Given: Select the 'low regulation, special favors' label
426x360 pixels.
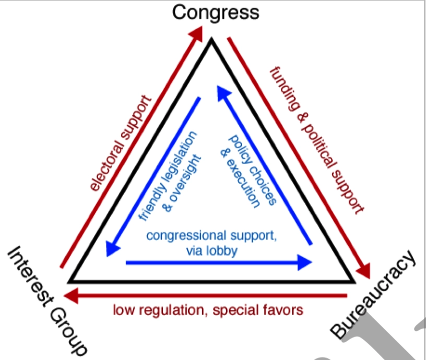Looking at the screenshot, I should [x=208, y=310].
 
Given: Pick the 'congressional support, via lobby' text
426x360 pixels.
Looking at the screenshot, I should [x=211, y=243].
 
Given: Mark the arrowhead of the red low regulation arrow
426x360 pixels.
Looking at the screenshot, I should [x=75, y=295].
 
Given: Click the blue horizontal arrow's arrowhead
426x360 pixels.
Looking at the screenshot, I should [x=305, y=262].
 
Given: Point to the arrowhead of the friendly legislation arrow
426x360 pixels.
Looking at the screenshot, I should [x=110, y=249].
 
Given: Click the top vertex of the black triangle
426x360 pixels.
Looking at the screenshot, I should [x=211, y=41].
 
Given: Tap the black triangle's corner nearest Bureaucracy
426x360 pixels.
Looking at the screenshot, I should [x=353, y=282].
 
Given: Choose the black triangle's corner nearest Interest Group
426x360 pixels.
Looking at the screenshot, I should [x=70, y=282].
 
